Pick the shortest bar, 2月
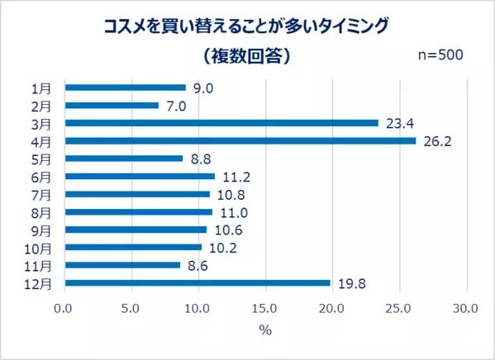click(111, 105)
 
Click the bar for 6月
click(139, 176)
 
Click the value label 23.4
click(398, 123)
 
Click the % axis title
click(265, 330)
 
